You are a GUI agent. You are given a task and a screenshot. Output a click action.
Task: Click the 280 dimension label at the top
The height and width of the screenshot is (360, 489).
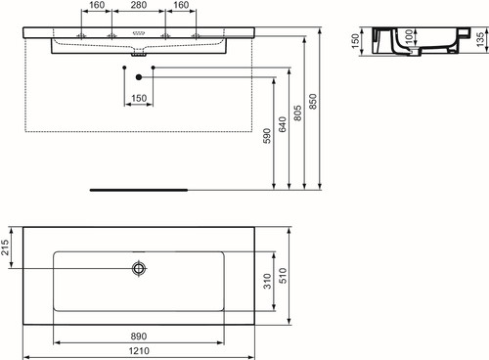pos(139,5)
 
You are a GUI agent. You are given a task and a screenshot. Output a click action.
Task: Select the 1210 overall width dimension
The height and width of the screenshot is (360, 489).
pos(139,351)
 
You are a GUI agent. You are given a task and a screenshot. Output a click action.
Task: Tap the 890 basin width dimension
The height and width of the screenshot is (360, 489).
pos(139,337)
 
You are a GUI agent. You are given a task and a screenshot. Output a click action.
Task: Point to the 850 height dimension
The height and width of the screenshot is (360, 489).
pos(313,102)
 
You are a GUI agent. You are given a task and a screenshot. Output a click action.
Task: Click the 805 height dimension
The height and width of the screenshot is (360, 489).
pos(297,113)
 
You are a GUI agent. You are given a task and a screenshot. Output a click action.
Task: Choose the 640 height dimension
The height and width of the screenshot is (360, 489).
pos(283,124)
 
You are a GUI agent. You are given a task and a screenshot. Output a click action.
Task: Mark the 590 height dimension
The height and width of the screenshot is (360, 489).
pos(267,136)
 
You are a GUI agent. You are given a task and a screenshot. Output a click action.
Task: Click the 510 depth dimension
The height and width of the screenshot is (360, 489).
pos(283,276)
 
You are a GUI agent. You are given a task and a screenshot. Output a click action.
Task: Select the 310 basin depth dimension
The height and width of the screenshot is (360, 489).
pos(267,281)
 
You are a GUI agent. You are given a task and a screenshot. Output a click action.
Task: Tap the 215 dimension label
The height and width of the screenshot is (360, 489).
pos(5,247)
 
